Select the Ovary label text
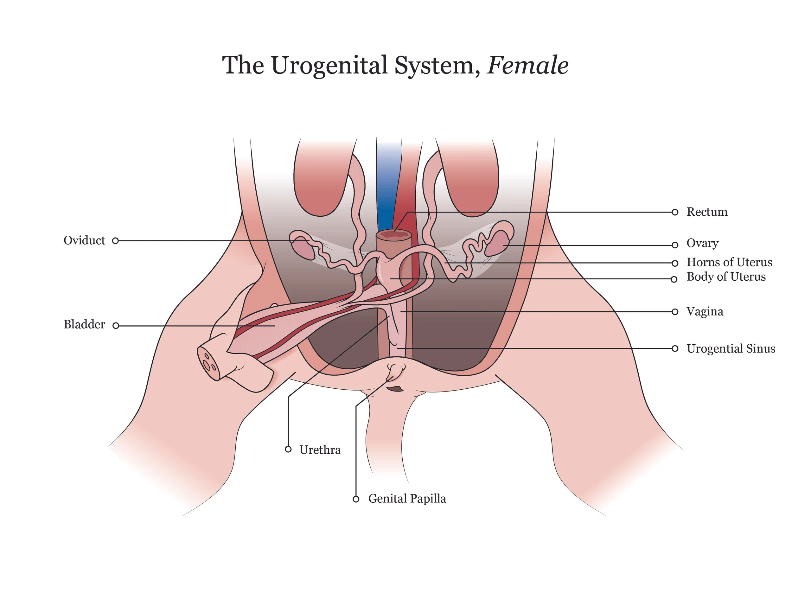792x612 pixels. pos(702,243)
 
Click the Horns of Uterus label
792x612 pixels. pos(729,262)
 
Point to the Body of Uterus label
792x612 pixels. pos(726,277)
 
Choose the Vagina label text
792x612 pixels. pos(705,312)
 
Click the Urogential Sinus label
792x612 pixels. pos(731,349)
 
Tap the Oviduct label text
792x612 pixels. pos(84,241)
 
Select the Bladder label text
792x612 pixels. pos(84,324)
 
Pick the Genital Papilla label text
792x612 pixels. pos(407,499)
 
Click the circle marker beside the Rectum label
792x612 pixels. pos(674,213)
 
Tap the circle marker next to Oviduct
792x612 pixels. pos(115,241)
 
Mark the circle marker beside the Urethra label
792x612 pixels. pos(288,449)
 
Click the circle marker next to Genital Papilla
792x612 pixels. pos(356,500)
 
